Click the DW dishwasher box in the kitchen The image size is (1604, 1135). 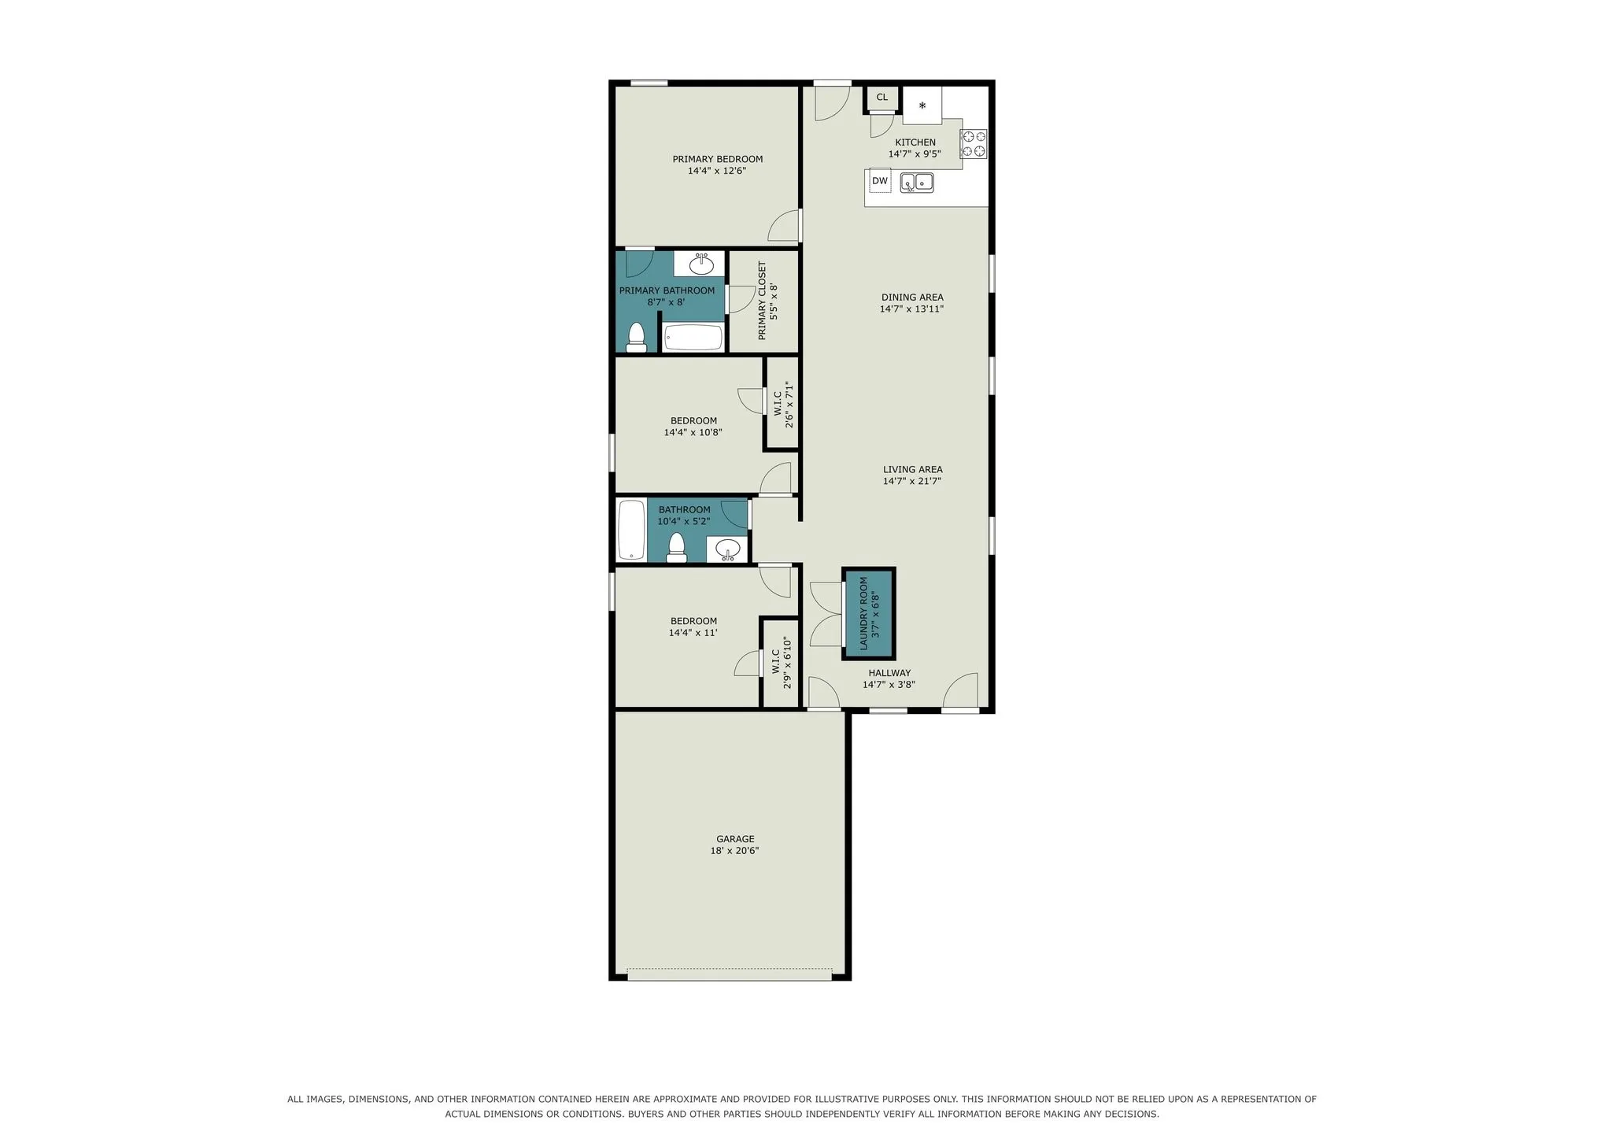click(880, 181)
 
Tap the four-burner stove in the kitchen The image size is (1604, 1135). click(974, 144)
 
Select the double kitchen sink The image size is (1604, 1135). click(917, 183)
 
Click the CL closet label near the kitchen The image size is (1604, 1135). click(882, 98)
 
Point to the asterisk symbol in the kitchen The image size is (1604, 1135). click(922, 105)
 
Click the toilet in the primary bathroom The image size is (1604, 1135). click(636, 337)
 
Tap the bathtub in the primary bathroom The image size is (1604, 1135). click(693, 338)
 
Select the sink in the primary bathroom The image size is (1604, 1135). click(700, 264)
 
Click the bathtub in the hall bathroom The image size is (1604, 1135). click(631, 530)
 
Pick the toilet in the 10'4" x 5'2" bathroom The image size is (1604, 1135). click(676, 548)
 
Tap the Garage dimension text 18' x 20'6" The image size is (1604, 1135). click(734, 851)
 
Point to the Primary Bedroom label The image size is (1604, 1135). click(717, 159)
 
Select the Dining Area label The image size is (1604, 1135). click(912, 298)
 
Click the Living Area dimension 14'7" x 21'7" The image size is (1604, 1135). click(912, 481)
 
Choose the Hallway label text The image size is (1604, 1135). click(889, 673)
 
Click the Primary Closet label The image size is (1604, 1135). click(762, 301)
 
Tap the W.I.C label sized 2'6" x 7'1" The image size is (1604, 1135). click(778, 405)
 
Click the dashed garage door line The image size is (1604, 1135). click(730, 969)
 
